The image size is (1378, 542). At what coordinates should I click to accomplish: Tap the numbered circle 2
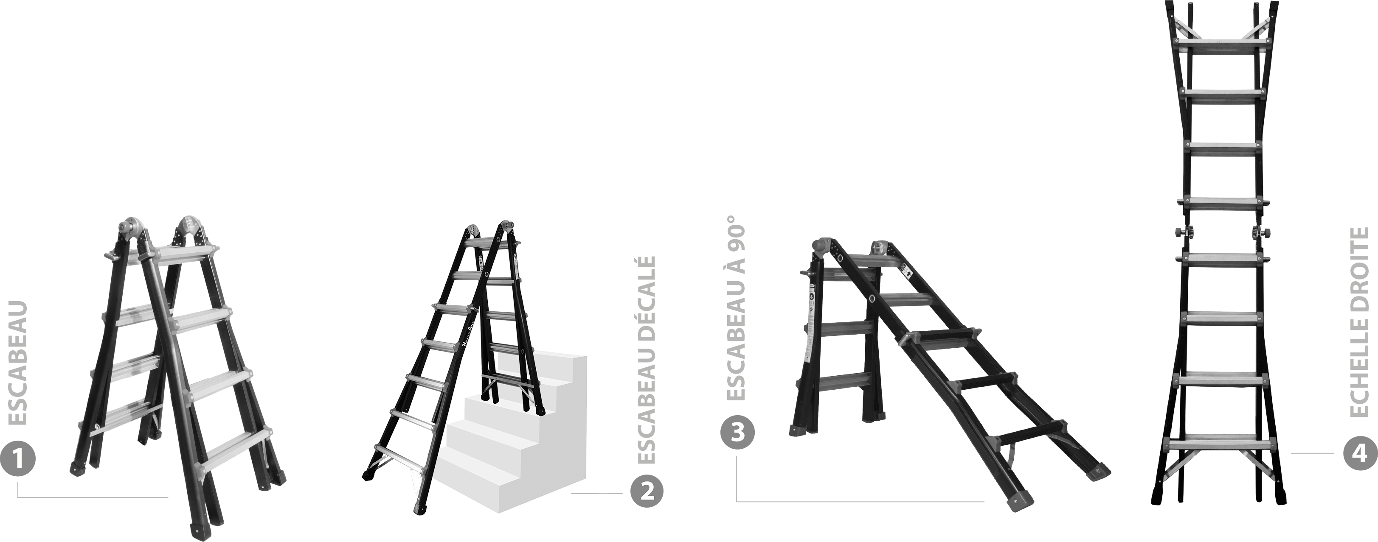point(646,493)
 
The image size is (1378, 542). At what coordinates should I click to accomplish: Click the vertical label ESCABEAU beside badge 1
point(18,363)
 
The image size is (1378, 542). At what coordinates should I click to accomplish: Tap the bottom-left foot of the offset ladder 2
point(368,475)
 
